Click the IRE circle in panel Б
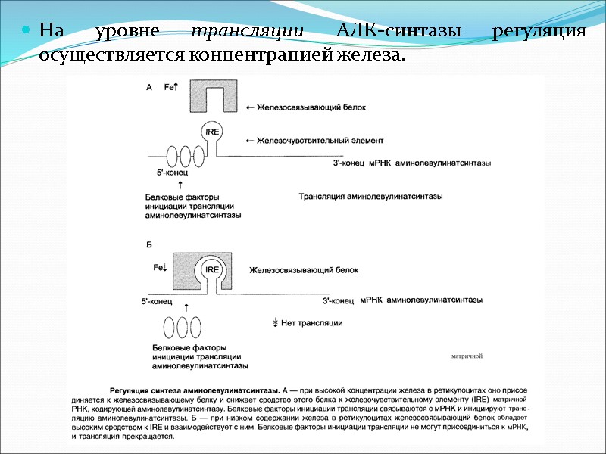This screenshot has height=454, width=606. [x=212, y=269]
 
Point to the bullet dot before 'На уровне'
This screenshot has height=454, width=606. [x=25, y=31]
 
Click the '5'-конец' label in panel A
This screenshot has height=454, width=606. [x=171, y=173]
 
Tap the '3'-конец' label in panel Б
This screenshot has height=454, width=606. [x=339, y=301]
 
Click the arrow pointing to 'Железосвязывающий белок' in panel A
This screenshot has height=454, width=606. [x=251, y=108]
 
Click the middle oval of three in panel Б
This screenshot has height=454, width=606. [x=183, y=328]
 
